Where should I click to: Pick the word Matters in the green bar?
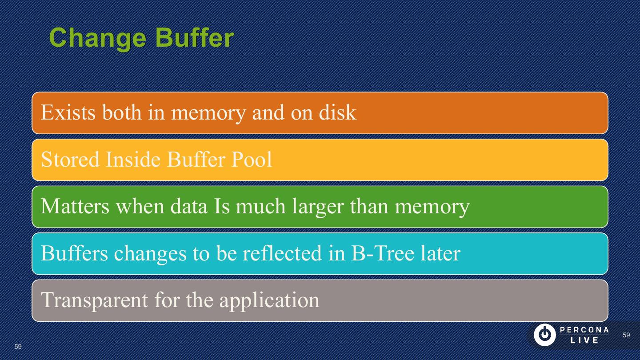point(75,206)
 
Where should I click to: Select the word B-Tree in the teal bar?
point(383,253)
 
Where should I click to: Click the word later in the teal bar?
point(440,253)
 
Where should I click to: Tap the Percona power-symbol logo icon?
point(544,335)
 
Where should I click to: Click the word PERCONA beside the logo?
point(584,330)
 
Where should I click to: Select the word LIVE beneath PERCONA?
point(584,340)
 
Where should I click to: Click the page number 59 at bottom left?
point(18,347)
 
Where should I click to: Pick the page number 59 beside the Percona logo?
point(626,335)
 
